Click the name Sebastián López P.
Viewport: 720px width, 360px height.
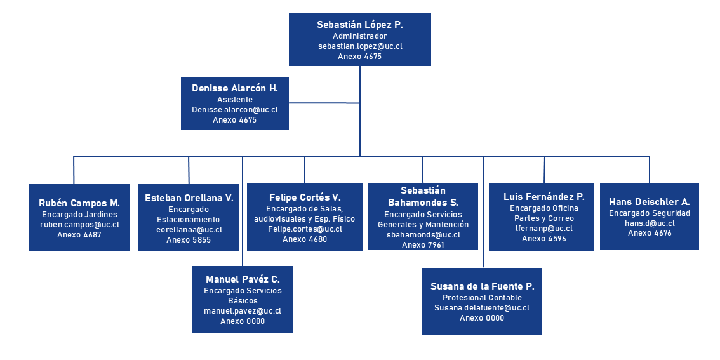(359, 25)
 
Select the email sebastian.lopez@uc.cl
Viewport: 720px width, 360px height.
(359, 46)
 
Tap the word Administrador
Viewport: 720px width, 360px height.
(359, 36)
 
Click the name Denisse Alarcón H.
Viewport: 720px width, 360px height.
(235, 88)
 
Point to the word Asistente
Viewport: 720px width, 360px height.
(235, 100)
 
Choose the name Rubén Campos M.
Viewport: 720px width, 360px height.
(79, 203)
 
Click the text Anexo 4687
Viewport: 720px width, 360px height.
(79, 235)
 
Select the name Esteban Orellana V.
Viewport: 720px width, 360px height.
(189, 198)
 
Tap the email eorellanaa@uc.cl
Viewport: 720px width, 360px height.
(189, 230)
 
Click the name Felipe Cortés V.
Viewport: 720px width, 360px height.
(305, 197)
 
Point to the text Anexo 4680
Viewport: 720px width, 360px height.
(305, 239)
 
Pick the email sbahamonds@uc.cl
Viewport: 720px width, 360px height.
(423, 235)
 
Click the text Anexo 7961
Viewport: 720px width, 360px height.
(423, 244)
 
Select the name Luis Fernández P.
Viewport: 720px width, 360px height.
(544, 197)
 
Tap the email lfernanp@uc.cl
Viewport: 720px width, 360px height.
(544, 229)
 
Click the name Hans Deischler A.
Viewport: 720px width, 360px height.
(649, 202)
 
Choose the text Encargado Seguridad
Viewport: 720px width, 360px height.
(649, 213)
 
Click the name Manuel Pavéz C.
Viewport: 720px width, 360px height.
(243, 279)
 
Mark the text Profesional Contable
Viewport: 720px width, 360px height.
(482, 298)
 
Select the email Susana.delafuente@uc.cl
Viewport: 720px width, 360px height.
(482, 308)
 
